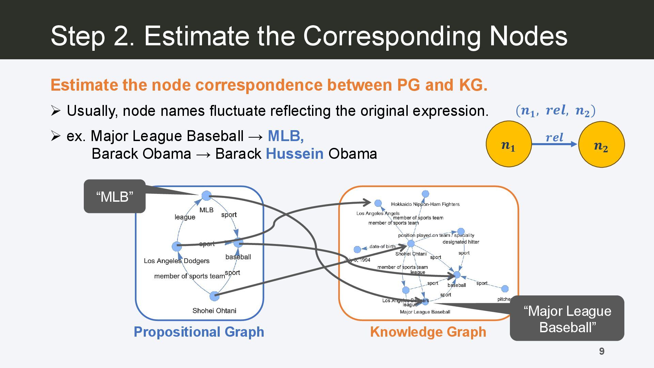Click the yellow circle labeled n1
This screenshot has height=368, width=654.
pyautogui.click(x=509, y=144)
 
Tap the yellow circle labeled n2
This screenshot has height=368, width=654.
pyautogui.click(x=601, y=144)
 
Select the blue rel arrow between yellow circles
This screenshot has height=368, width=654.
pyautogui.click(x=555, y=144)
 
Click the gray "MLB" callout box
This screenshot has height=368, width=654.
pyautogui.click(x=114, y=197)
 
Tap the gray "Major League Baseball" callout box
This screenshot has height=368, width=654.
pyautogui.click(x=567, y=319)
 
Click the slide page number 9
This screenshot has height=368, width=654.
pyautogui.click(x=602, y=351)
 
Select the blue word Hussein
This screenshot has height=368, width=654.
pyautogui.click(x=295, y=154)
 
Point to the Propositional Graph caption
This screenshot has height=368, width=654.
pyautogui.click(x=199, y=332)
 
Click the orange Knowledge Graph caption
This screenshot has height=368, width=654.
pyautogui.click(x=428, y=332)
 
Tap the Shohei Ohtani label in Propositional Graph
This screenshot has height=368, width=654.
pyautogui.click(x=214, y=311)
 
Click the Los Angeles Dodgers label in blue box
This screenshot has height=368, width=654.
pyautogui.click(x=176, y=261)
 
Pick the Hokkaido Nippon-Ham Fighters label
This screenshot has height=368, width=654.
pyautogui.click(x=425, y=204)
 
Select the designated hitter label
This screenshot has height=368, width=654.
pyautogui.click(x=461, y=242)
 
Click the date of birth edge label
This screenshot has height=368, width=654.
pyautogui.click(x=382, y=246)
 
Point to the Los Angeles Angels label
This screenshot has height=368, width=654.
pyautogui.click(x=378, y=213)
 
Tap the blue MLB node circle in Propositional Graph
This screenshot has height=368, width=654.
pyautogui.click(x=206, y=196)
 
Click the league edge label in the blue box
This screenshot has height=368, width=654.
pyautogui.click(x=185, y=217)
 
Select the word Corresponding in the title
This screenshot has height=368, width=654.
pyautogui.click(x=392, y=36)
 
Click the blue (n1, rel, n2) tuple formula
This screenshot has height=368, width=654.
pyautogui.click(x=555, y=111)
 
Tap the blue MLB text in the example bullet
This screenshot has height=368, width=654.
pyautogui.click(x=285, y=136)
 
